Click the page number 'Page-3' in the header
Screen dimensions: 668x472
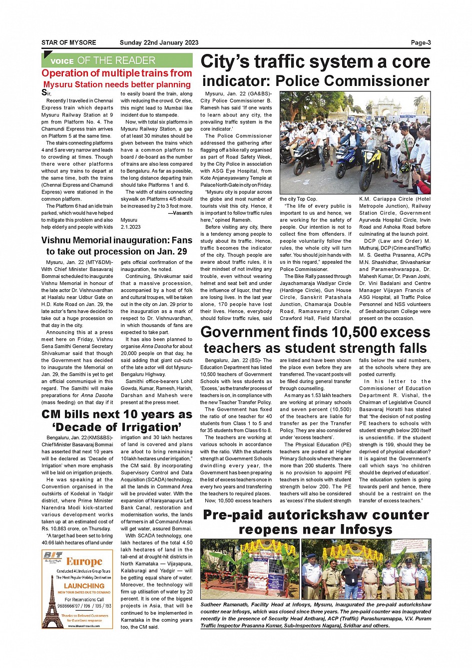click(x=421, y=43)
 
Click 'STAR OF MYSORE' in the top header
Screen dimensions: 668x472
click(x=68, y=43)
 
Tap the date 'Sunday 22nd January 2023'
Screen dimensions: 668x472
click(x=159, y=43)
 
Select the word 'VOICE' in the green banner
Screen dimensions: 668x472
click(x=62, y=61)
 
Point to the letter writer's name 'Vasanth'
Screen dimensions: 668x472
click(x=182, y=213)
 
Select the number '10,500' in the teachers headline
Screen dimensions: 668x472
click(x=362, y=332)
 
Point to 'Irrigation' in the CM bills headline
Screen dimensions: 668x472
click(x=154, y=427)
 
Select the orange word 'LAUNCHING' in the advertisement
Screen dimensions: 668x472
click(x=84, y=586)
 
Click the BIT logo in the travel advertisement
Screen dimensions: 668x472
click(x=52, y=556)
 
